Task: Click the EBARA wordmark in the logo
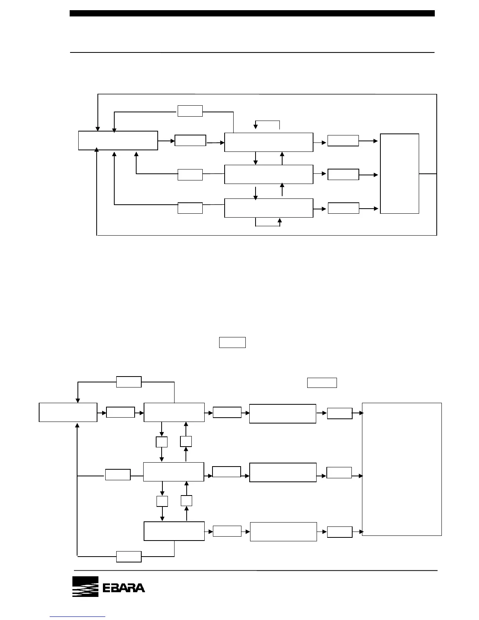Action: [124, 588]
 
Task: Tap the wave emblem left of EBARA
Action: [85, 587]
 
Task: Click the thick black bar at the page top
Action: [252, 13]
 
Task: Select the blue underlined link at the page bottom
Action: [78, 617]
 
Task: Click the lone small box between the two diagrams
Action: [232, 342]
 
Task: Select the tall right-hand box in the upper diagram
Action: [400, 173]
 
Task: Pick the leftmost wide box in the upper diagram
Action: [118, 141]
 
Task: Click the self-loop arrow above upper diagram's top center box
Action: [268, 122]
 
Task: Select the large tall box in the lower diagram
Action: [402, 469]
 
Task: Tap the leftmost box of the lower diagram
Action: [68, 412]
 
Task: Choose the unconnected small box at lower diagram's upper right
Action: [322, 382]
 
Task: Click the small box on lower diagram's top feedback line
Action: [129, 382]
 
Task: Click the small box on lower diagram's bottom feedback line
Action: [129, 556]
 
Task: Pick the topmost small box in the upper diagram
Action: [190, 111]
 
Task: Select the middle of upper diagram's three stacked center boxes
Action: [268, 174]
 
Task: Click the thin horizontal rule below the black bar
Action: [252, 52]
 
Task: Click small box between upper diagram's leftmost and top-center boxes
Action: [190, 141]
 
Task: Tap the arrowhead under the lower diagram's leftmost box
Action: [77, 425]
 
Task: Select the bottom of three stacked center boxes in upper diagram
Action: [268, 208]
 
